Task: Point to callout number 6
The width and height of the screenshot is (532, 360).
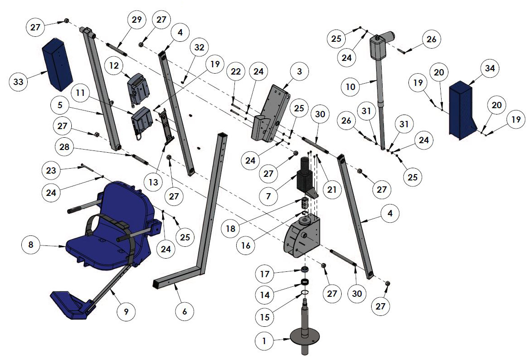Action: click(x=184, y=312)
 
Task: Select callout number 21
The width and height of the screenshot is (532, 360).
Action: click(x=332, y=190)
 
